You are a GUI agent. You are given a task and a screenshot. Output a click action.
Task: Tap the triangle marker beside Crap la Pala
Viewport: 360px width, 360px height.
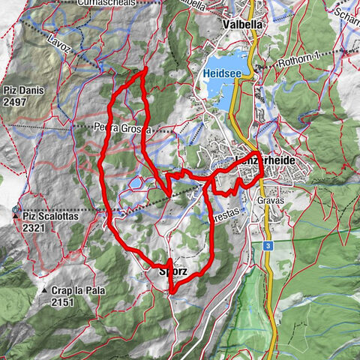(45, 291)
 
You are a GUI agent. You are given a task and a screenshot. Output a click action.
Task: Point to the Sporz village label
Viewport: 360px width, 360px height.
(171, 271)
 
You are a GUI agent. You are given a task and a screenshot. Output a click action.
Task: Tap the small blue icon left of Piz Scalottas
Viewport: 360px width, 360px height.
(15, 208)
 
